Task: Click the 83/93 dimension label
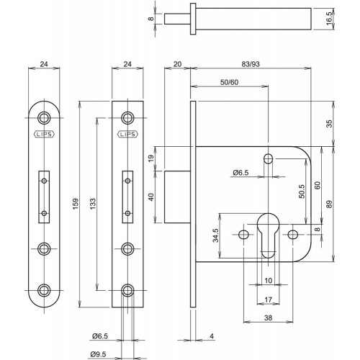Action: click(251, 64)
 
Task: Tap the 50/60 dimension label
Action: click(229, 82)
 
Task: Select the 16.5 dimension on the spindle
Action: click(329, 17)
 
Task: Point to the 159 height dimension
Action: click(76, 204)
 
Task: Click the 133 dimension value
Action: click(93, 204)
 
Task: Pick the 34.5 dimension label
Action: click(216, 235)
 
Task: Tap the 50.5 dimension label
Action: click(302, 191)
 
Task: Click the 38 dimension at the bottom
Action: click(268, 318)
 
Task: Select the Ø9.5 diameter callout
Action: click(99, 354)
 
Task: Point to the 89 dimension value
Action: click(330, 204)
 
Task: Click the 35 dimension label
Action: click(330, 123)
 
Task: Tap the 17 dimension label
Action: click(268, 300)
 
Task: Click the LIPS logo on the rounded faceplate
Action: click(44, 134)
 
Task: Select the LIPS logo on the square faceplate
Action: click(127, 134)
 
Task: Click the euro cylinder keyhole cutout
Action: click(268, 235)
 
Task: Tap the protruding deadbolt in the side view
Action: click(177, 197)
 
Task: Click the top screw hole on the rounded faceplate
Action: click(44, 118)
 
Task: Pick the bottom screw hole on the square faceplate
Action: click(127, 290)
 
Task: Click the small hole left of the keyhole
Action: click(243, 234)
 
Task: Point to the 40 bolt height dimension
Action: click(151, 197)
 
